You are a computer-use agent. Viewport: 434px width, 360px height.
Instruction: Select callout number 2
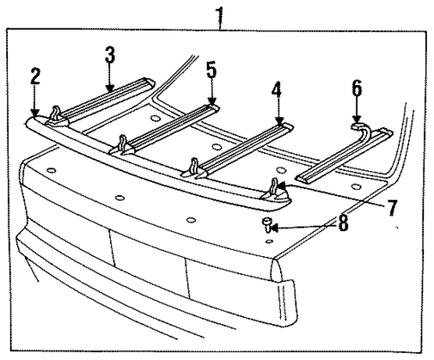(35, 76)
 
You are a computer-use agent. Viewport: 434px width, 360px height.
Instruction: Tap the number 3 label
(108, 56)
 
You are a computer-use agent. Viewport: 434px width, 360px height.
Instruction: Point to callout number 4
(277, 90)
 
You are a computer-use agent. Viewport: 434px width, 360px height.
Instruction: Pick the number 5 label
(211, 69)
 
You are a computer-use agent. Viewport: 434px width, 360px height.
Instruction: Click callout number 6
(356, 88)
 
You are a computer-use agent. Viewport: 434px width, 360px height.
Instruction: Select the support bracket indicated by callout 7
(275, 190)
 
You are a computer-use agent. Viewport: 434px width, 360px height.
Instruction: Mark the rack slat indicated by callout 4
(242, 145)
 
